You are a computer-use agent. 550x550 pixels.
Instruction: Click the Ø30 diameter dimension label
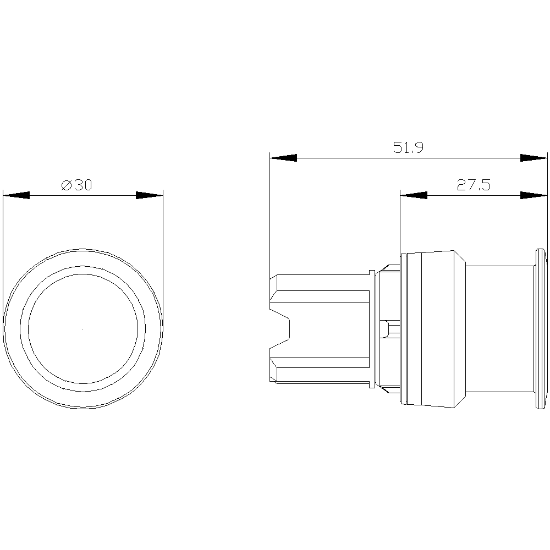(76, 185)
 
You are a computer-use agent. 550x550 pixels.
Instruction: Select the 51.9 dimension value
(408, 147)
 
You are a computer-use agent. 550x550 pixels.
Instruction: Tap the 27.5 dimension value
(474, 185)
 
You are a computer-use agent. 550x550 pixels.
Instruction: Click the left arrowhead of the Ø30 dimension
(16, 195)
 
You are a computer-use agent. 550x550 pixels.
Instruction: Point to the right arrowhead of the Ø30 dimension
(150, 195)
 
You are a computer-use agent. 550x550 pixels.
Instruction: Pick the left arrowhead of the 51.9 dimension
(283, 158)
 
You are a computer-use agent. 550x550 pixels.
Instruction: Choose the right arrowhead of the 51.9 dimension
(533, 158)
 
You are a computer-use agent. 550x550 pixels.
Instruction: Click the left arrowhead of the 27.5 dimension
(414, 195)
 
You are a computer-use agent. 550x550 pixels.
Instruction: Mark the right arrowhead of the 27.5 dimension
(533, 195)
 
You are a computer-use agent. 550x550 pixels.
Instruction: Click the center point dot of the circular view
(83, 329)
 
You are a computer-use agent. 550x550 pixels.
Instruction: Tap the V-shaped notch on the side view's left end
(280, 329)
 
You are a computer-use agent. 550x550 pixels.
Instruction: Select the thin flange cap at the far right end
(541, 329)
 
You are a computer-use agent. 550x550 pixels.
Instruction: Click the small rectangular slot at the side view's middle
(390, 329)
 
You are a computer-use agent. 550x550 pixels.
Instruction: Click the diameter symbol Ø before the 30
(67, 185)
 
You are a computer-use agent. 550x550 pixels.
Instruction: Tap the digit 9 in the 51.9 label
(419, 147)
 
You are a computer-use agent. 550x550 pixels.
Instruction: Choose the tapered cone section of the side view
(460, 329)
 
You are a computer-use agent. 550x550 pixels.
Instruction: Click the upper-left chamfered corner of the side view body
(273, 277)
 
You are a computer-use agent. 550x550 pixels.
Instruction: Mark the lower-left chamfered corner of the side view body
(273, 381)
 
